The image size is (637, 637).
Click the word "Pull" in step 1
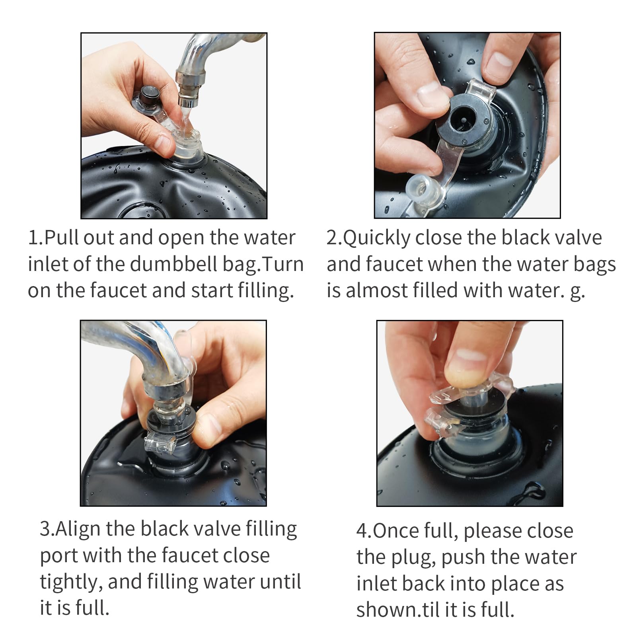61,238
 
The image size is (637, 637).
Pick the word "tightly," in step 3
71,582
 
